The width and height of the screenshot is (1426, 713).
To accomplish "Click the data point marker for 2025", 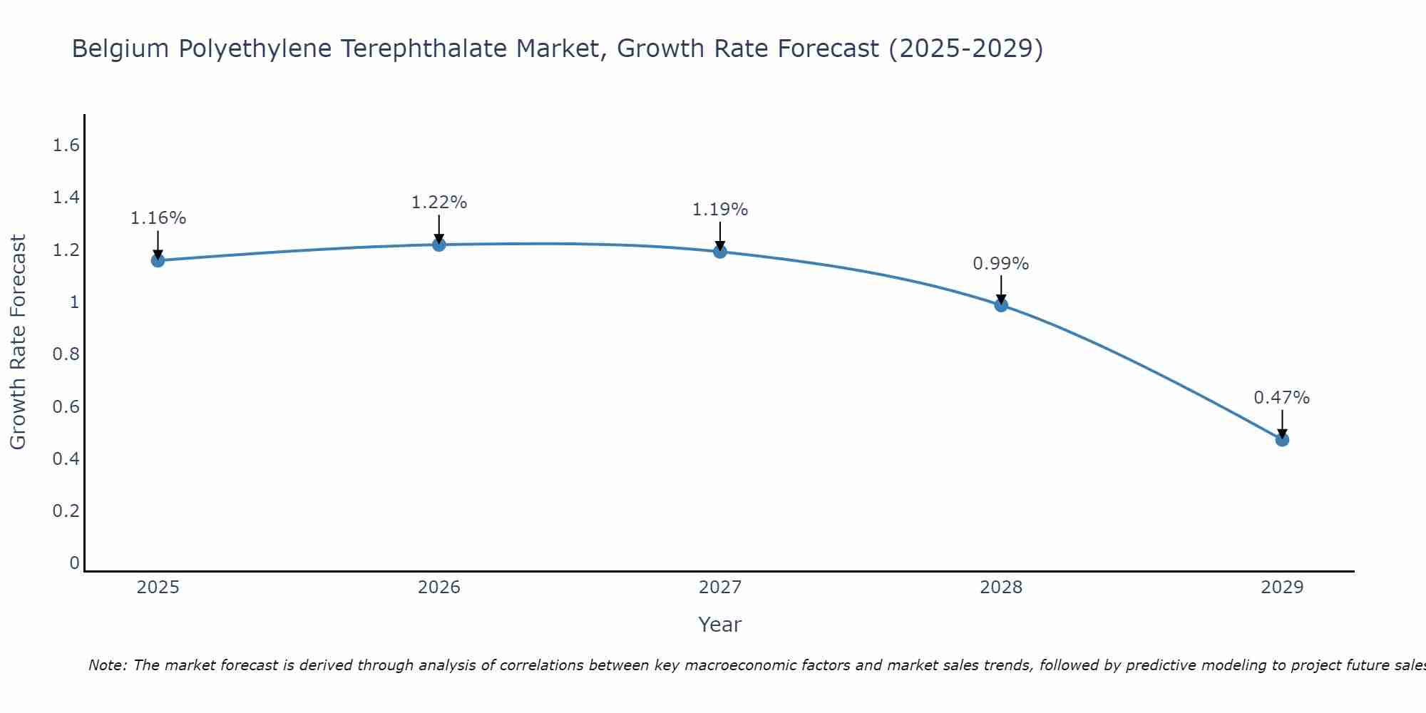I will tap(158, 260).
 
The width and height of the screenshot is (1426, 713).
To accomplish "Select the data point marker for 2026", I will tap(439, 245).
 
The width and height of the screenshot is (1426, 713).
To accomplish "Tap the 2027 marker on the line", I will tap(720, 251).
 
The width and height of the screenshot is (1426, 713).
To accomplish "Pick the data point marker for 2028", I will tap(1001, 305).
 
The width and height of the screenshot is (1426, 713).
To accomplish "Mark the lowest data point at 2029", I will tap(1282, 439).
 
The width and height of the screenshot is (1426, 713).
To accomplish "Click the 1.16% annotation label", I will tap(158, 218).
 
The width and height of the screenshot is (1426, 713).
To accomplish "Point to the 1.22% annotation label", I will tap(439, 202).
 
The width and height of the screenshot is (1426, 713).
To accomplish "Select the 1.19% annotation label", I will tap(720, 210).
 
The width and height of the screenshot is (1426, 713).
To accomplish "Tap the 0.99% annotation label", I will tap(1001, 264).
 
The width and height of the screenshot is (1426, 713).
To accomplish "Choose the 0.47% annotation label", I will tap(1282, 398).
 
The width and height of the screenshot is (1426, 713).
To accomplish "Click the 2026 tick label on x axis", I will tap(439, 588).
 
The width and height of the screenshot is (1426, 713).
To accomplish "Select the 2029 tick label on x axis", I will tap(1282, 588).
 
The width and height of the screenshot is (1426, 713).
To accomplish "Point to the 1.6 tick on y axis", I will tap(66, 146).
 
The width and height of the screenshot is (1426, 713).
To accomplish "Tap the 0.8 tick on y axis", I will tap(66, 354).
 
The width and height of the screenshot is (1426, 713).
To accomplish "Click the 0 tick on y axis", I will tap(74, 563).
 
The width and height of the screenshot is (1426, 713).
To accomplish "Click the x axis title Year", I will tap(720, 625).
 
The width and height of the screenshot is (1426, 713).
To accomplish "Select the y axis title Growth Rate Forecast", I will tap(19, 342).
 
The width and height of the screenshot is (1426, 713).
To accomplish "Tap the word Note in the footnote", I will tap(107, 665).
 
